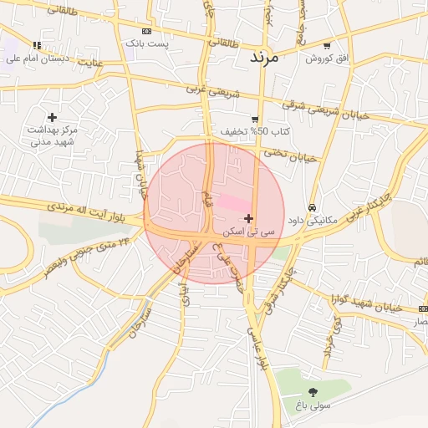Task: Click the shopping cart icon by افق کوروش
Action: (x=326, y=46)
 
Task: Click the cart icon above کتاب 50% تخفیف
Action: (x=255, y=120)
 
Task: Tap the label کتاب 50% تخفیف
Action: (x=245, y=132)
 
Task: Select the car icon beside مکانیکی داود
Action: (x=312, y=207)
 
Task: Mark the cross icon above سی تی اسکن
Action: (x=248, y=218)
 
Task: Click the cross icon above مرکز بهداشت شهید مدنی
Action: (x=53, y=117)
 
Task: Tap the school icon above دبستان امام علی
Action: (x=36, y=45)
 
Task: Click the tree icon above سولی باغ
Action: (x=313, y=392)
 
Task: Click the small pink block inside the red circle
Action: (x=237, y=203)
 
